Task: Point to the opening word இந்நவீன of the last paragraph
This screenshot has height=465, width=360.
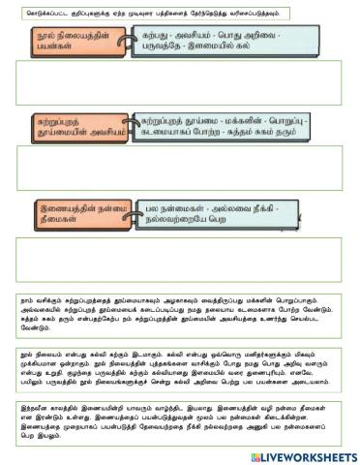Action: click(35, 411)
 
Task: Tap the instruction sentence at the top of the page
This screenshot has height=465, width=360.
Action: click(145, 12)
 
